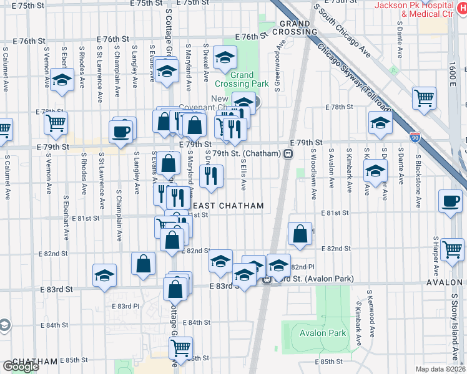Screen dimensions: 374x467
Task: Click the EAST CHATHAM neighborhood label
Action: (x=228, y=206)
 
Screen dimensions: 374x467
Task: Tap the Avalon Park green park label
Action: (x=323, y=333)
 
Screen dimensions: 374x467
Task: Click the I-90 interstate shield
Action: (x=415, y=135)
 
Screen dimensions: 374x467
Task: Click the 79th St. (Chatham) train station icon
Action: (x=288, y=153)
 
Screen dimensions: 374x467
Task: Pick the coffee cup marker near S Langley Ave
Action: (x=120, y=131)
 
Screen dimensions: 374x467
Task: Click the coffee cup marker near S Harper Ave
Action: (x=450, y=201)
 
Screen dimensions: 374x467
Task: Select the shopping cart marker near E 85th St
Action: (x=181, y=350)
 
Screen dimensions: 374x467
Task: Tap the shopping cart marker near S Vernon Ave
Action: (x=56, y=123)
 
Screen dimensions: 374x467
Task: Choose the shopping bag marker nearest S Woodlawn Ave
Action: (x=300, y=233)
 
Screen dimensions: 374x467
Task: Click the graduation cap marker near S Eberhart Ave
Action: (x=62, y=80)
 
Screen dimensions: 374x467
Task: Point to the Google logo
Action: (x=21, y=367)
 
